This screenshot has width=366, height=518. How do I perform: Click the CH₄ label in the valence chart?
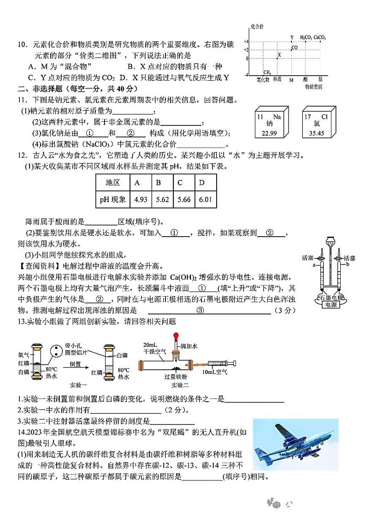pos(267,72)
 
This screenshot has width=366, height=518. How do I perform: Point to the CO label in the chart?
pos(294,48)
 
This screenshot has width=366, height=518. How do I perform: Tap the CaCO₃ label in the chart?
pos(320,37)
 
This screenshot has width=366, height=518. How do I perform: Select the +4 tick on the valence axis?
pos(246,41)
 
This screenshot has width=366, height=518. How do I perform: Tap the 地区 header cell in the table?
pos(113,183)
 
